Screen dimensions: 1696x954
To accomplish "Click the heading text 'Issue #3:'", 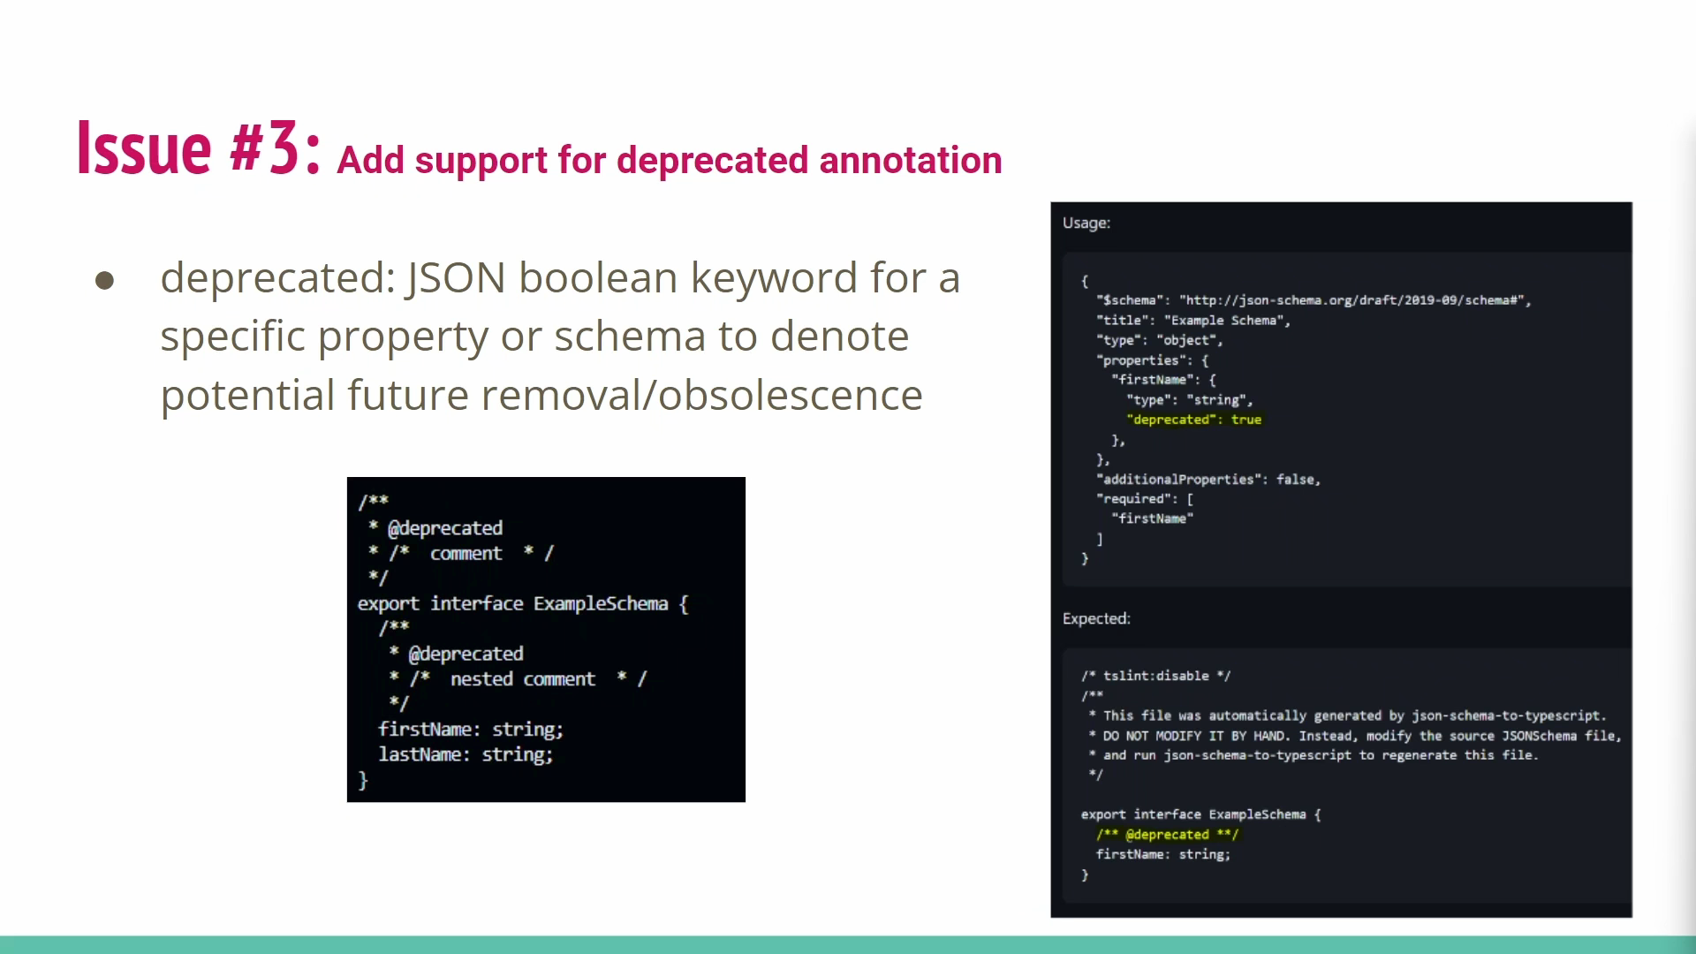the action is tap(199, 148).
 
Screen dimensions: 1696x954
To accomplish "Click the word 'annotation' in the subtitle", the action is tap(911, 160).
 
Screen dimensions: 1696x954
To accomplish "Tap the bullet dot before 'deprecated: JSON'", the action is tap(104, 280).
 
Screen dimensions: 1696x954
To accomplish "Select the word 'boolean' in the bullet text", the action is tap(597, 277).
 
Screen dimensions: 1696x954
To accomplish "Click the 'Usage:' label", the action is tap(1086, 223).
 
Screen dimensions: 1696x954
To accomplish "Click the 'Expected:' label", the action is tap(1096, 618).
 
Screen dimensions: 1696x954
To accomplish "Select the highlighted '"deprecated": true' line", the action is tap(1194, 420).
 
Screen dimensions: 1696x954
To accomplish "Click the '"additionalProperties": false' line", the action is tap(1208, 480).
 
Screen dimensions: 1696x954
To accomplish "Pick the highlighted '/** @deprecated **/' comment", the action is tap(1168, 835).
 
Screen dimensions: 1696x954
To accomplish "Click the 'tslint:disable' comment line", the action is tap(1155, 676).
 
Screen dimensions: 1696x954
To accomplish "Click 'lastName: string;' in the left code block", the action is tap(466, 754).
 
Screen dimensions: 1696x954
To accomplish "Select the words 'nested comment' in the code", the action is tap(523, 678).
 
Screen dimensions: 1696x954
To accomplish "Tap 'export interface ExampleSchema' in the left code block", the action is tap(512, 603).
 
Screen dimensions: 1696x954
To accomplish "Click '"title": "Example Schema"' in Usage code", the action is tap(1192, 321).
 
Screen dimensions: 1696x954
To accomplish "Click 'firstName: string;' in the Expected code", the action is tap(1163, 854).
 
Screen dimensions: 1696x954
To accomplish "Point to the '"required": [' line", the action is tap(1145, 499).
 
